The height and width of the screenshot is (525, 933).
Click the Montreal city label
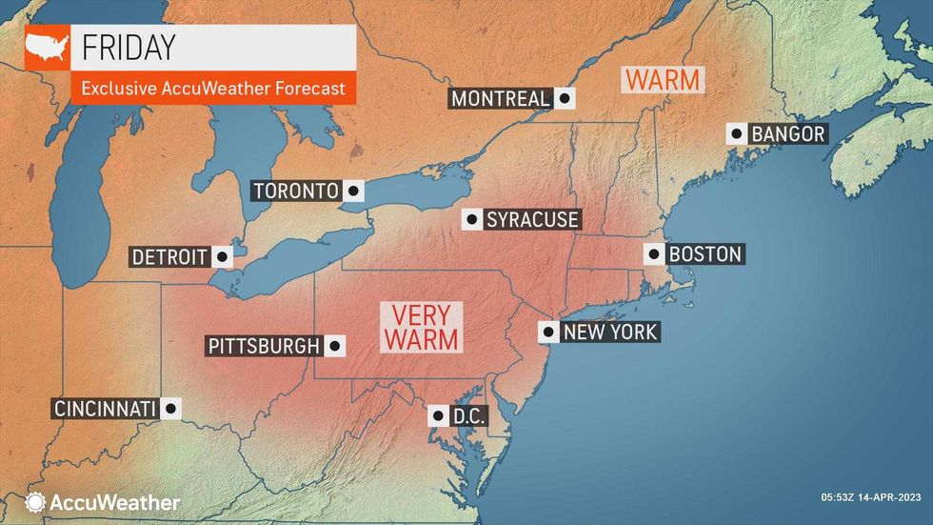coord(501,98)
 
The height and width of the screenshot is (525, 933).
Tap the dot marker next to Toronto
coord(353,191)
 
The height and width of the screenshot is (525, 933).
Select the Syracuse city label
coord(532,220)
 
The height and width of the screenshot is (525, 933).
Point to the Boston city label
coord(705,254)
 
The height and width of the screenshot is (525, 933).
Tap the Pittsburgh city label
coord(264,346)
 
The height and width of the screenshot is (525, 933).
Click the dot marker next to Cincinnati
coord(170,409)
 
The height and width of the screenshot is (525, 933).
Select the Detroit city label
coord(170,256)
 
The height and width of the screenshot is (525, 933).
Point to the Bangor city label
coord(787,134)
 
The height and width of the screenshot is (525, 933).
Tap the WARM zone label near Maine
coord(663,79)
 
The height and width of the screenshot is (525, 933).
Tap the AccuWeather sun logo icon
coord(35,502)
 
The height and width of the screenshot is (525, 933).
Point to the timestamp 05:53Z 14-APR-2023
coord(871,496)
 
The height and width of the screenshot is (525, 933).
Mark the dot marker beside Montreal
coord(565,98)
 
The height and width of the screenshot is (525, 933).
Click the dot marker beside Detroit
coord(222,256)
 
